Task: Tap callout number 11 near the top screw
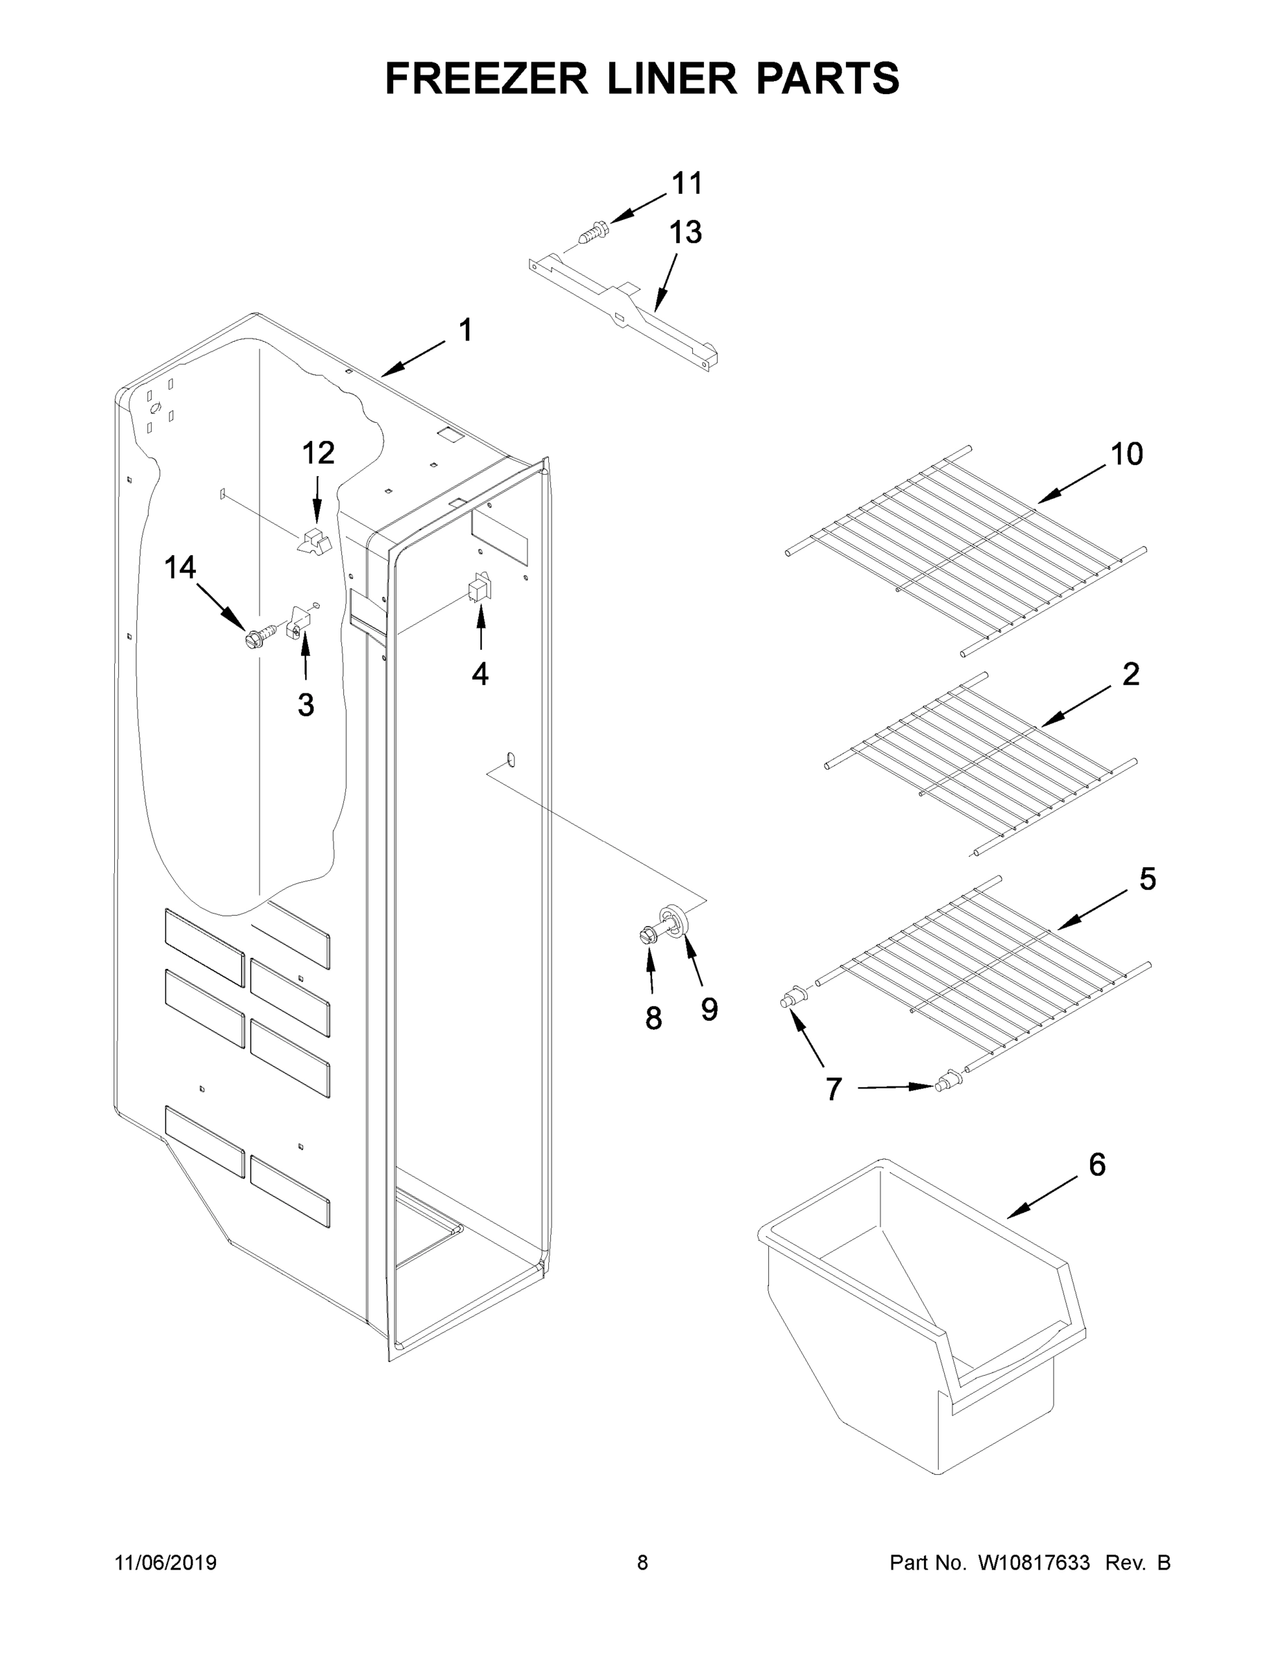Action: (x=687, y=183)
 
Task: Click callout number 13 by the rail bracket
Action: (x=685, y=233)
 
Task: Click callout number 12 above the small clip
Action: (x=318, y=453)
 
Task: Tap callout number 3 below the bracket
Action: (x=306, y=705)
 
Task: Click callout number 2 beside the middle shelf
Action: (x=1131, y=674)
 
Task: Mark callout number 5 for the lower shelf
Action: (x=1147, y=879)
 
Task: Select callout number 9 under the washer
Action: (x=709, y=1009)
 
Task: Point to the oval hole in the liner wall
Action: (x=510, y=759)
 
